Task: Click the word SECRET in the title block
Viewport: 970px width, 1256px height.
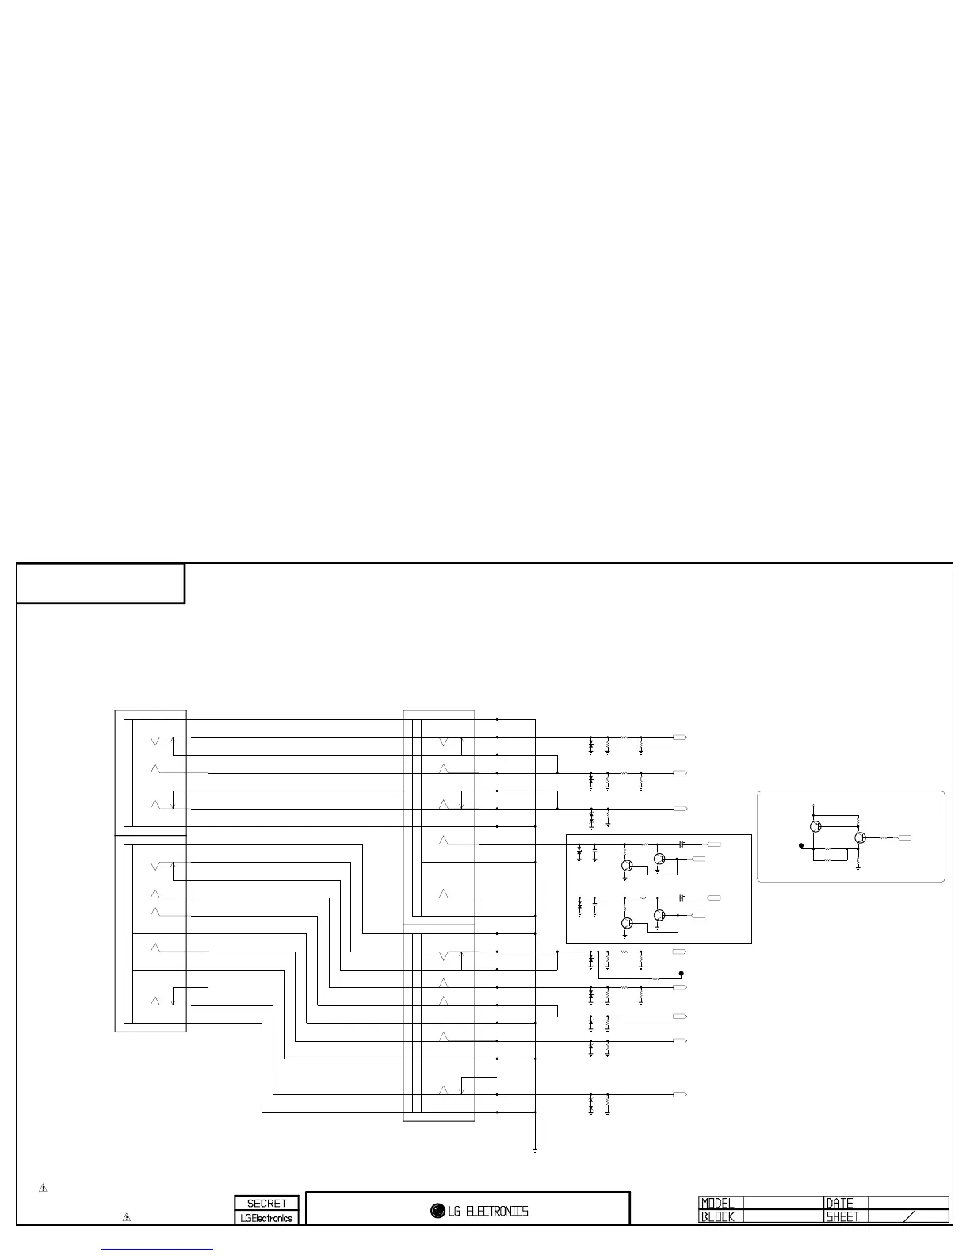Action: (x=266, y=1203)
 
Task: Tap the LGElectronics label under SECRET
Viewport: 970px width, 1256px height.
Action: (x=266, y=1218)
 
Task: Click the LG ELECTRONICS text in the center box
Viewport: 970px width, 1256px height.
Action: (x=487, y=1211)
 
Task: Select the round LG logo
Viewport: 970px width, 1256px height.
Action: (x=437, y=1211)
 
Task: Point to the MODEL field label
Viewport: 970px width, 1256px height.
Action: (x=718, y=1203)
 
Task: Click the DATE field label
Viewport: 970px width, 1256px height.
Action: (x=840, y=1203)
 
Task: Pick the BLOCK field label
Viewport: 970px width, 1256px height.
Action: (x=718, y=1216)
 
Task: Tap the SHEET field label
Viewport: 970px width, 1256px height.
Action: (x=843, y=1216)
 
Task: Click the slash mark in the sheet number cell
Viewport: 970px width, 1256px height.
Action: (x=909, y=1216)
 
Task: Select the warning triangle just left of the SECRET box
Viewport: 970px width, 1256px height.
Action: (x=126, y=1216)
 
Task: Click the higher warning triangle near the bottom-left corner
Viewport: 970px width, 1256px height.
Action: (x=44, y=1188)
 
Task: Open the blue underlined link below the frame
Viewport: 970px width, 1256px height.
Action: (x=158, y=1249)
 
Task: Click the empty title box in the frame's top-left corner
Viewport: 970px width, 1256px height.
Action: (x=101, y=584)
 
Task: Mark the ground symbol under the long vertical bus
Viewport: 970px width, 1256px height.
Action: (x=536, y=1150)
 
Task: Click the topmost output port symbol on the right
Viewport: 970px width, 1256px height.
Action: (x=679, y=737)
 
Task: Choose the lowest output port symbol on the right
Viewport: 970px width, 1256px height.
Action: (x=679, y=1094)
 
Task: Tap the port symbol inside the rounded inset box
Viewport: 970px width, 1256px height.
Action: (x=904, y=837)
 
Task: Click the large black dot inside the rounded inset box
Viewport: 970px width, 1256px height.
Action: (x=802, y=845)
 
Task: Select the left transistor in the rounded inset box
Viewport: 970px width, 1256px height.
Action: (x=815, y=826)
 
